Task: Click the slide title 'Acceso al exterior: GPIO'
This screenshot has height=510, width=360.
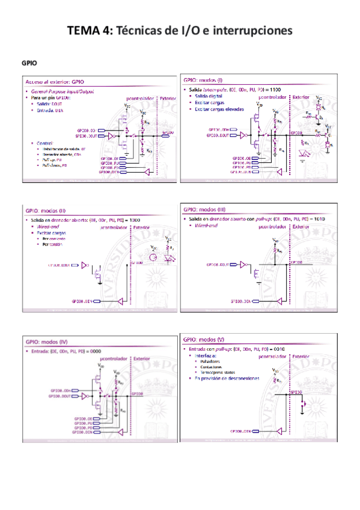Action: click(x=53, y=81)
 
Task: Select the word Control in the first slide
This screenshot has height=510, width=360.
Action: click(x=45, y=143)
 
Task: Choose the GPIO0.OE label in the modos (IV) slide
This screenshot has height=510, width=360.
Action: click(x=82, y=417)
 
